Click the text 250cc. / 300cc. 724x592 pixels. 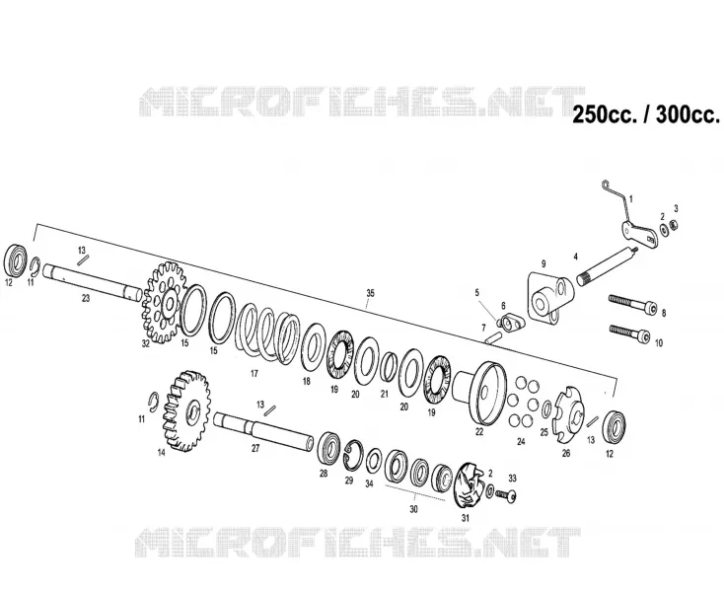point(646,114)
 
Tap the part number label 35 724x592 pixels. point(370,293)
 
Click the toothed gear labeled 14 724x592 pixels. point(186,410)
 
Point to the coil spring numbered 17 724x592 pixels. point(268,333)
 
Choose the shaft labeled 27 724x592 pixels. point(263,430)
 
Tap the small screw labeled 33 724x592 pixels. point(506,495)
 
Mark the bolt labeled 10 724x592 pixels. point(630,333)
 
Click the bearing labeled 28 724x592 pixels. point(328,448)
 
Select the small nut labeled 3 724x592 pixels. point(674,226)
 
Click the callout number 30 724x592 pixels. point(413,509)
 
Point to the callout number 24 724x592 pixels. point(521,442)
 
